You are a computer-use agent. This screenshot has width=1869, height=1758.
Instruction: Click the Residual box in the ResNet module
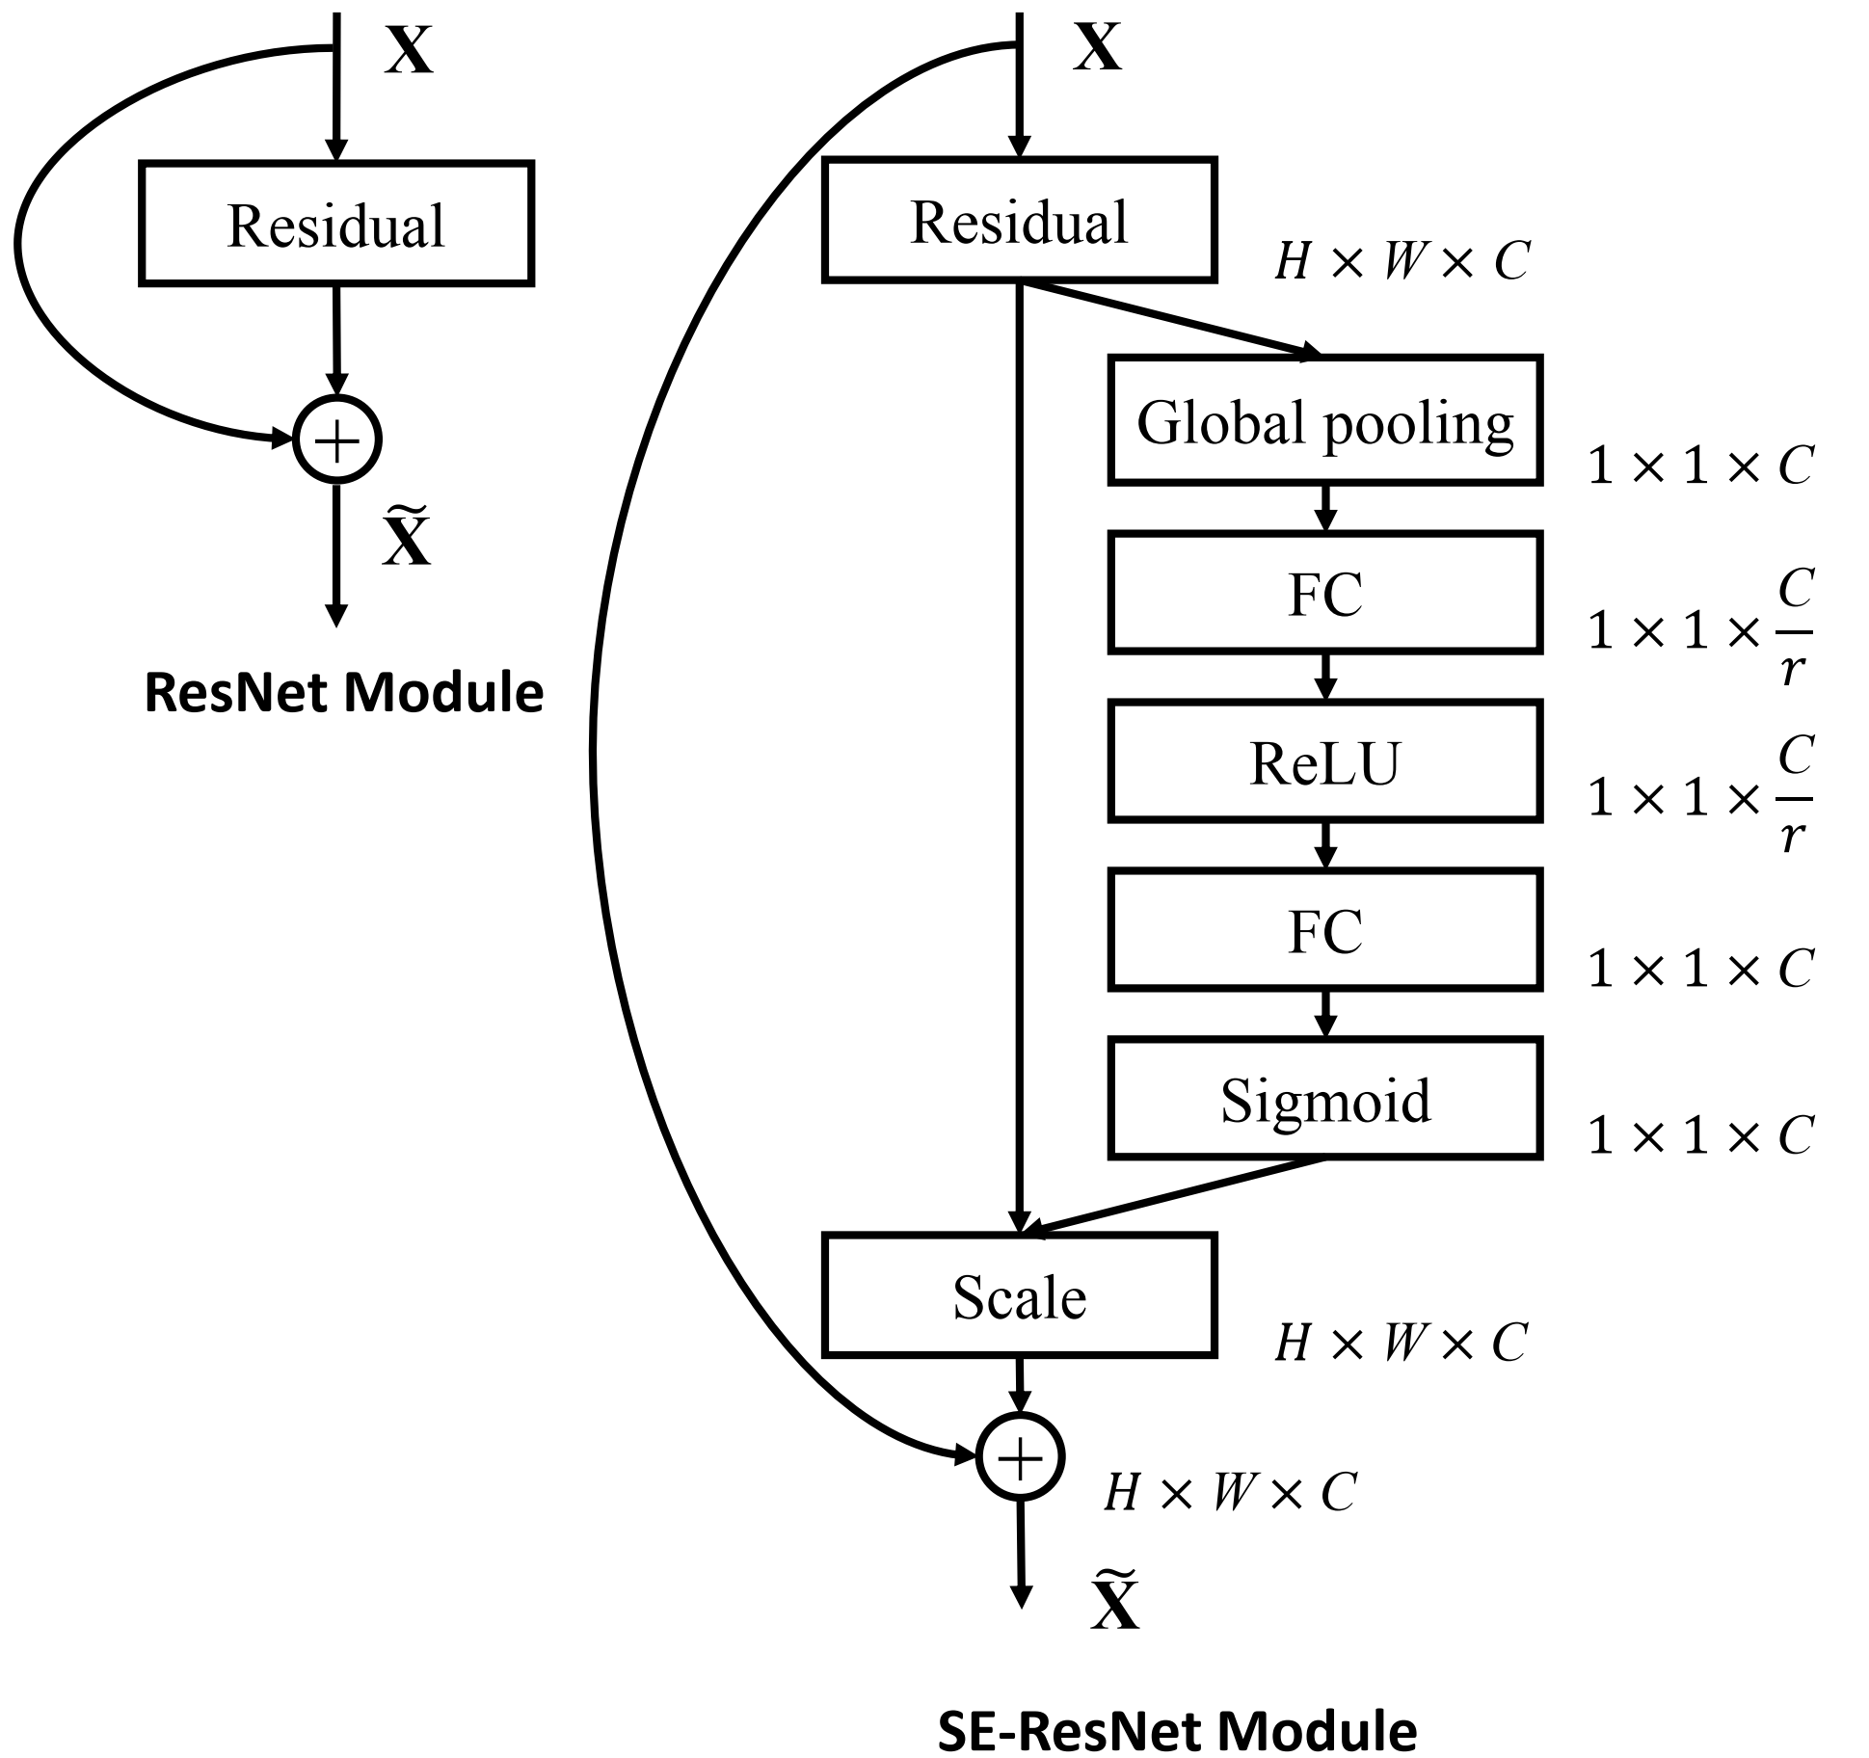(336, 224)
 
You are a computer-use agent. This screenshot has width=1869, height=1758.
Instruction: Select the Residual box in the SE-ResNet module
(1019, 221)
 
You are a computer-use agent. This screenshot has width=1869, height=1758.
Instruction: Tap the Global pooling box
(1324, 420)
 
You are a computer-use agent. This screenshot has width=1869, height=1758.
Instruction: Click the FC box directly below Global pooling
(1324, 592)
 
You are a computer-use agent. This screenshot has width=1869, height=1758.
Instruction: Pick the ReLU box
(1324, 761)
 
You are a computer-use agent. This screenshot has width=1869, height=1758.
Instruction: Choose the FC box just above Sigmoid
(1324, 930)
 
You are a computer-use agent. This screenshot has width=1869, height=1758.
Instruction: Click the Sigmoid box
(1324, 1099)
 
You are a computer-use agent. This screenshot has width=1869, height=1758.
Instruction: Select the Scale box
(1019, 1295)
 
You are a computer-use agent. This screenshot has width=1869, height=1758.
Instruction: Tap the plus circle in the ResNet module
(337, 439)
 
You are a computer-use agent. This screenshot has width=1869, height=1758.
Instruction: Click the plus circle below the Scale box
(1020, 1457)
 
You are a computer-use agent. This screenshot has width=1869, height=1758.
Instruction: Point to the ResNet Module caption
(343, 692)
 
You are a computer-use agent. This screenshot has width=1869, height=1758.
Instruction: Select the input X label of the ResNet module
(409, 50)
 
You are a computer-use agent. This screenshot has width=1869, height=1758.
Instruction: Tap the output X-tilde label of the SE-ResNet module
(1115, 1602)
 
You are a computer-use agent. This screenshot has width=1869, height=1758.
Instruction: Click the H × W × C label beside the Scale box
(1401, 1342)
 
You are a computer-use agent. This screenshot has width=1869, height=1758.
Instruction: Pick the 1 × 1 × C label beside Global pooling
(1700, 465)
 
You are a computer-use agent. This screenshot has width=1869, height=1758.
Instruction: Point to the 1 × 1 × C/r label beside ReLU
(1700, 796)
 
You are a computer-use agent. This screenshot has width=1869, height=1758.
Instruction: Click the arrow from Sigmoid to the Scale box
(1176, 1195)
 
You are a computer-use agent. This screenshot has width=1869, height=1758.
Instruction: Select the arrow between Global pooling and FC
(1325, 507)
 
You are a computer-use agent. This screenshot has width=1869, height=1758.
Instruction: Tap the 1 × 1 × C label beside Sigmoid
(1700, 1134)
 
